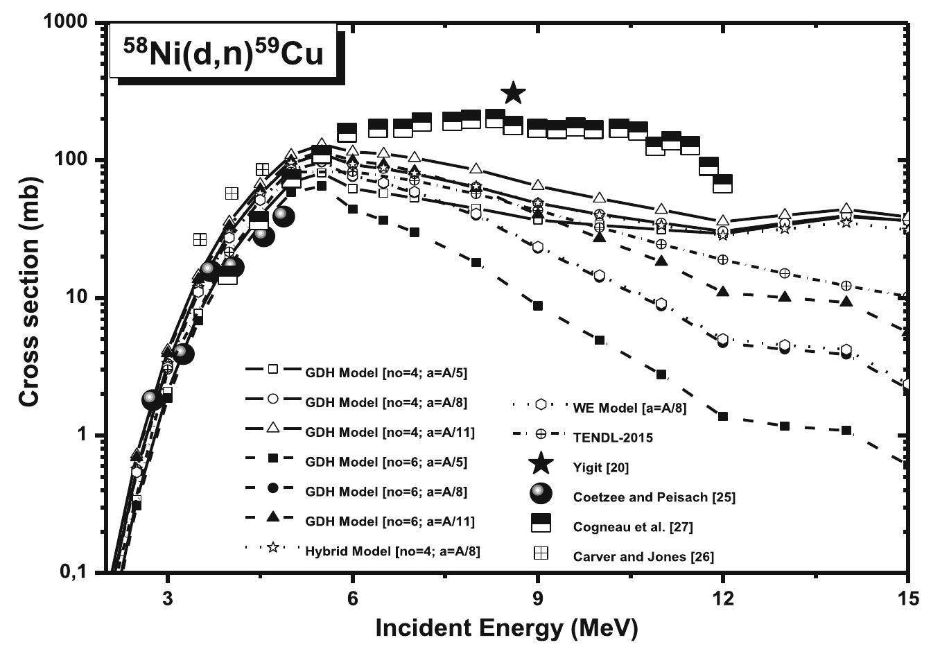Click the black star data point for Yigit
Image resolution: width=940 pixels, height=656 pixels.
tap(513, 92)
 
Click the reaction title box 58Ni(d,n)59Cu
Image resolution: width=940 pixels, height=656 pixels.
tap(224, 53)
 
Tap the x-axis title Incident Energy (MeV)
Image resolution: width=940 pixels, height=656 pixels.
tap(505, 628)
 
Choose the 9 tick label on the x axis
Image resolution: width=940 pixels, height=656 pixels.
tap(538, 597)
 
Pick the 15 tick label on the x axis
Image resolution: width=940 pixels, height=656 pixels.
tap(907, 597)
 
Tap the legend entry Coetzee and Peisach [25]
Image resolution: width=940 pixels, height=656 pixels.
tap(654, 497)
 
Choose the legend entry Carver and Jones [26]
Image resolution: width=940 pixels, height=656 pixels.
tap(643, 556)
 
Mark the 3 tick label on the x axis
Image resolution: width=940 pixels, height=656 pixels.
tap(168, 597)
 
